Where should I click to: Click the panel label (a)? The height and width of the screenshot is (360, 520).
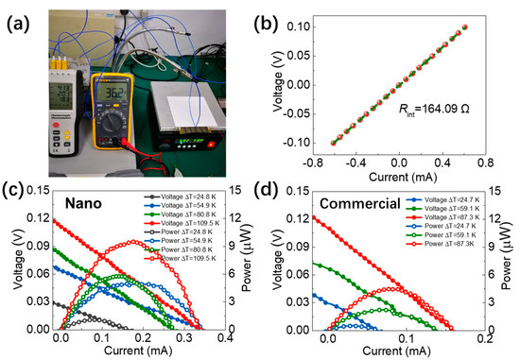21,16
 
